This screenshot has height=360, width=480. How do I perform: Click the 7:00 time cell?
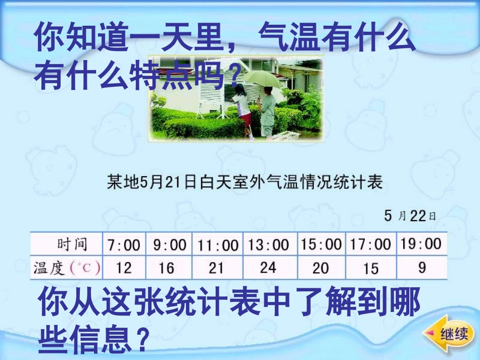coord(124,245)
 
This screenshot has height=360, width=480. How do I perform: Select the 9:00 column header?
coord(170,245)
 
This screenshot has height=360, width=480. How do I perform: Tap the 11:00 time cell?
coord(218,245)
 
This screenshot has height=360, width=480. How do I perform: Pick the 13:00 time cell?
coord(269,245)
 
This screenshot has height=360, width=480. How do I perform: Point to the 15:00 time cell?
coord(321,245)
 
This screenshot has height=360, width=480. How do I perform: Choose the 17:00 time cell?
coord(370,245)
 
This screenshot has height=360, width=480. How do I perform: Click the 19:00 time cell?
coord(421,244)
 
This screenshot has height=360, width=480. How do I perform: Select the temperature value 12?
coord(124,268)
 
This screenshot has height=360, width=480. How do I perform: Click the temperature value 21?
coord(216,268)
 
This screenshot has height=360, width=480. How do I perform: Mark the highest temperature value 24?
coord(268,267)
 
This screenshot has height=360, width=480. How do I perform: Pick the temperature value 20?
coord(321,268)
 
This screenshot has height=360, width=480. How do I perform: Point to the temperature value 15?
coord(371,268)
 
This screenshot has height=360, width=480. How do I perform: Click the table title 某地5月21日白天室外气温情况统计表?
coord(245,182)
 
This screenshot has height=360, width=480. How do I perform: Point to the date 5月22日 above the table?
coord(410,216)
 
